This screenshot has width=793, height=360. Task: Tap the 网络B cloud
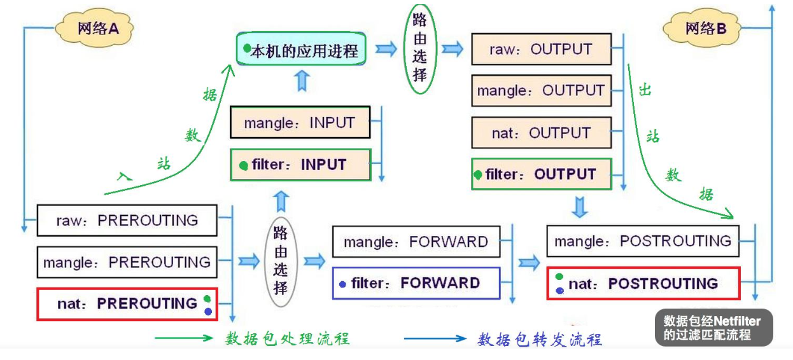[x=704, y=29]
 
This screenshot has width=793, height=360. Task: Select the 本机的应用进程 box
[x=301, y=50]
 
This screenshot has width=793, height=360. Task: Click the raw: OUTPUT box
[x=541, y=50]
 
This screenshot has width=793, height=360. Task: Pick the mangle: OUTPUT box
[x=541, y=91]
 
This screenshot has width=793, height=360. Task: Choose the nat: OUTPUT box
[x=541, y=133]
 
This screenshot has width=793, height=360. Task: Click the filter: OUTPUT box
[x=541, y=174]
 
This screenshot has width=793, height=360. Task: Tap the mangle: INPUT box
[x=300, y=122]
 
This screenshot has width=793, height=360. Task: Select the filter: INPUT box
[x=300, y=165]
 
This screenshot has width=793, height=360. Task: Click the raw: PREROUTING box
[x=127, y=220]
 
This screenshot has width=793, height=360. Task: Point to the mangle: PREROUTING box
[x=127, y=261]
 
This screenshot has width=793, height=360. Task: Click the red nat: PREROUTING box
[x=127, y=303]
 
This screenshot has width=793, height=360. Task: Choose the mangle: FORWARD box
[x=416, y=242]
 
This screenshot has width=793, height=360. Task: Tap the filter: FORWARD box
[x=416, y=283]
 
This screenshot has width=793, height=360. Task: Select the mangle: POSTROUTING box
[x=643, y=241]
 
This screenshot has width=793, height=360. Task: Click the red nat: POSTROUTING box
[x=643, y=283]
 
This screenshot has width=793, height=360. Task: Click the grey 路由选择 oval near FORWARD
[x=281, y=260]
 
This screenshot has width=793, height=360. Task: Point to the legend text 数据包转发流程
[x=539, y=339]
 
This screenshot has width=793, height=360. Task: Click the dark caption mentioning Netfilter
[x=713, y=328]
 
